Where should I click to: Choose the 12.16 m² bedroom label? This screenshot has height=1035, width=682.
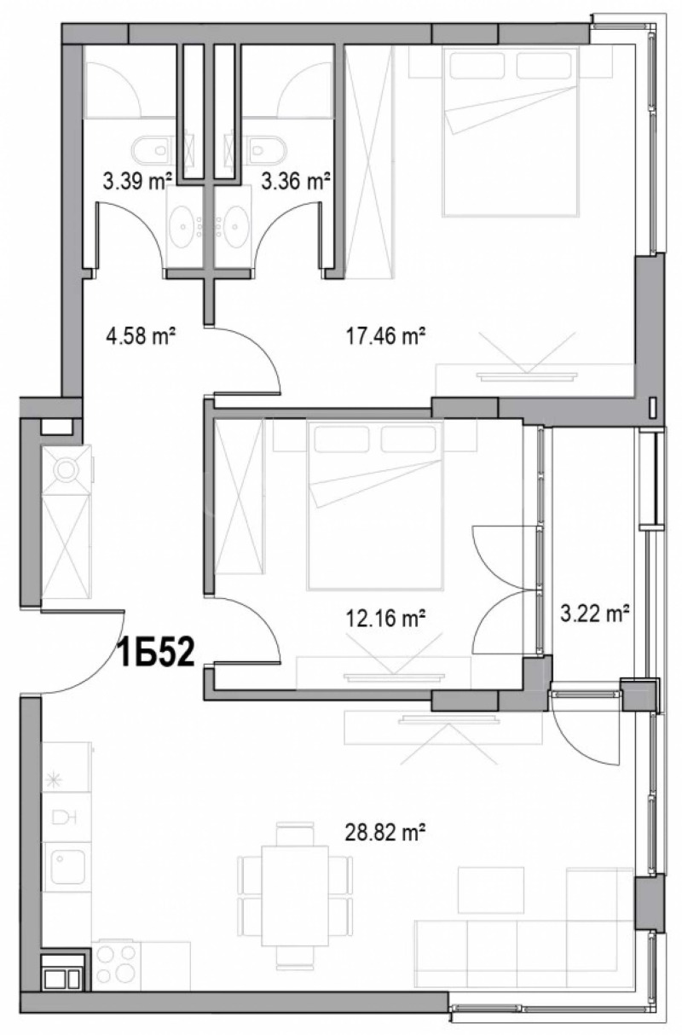(388, 618)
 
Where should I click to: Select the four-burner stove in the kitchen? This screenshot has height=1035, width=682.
(116, 964)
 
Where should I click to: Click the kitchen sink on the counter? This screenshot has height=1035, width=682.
(65, 865)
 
